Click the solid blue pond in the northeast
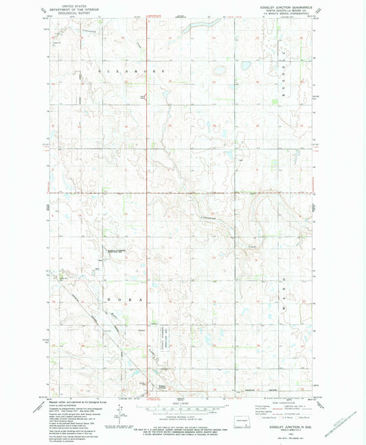click(x=244, y=67)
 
